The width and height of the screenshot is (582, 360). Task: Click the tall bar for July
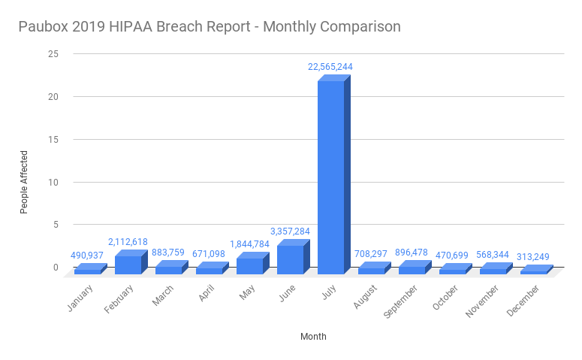(330, 177)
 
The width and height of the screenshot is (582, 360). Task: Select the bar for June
(290, 259)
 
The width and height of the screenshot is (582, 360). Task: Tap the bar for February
(128, 264)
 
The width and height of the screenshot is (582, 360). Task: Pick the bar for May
(249, 265)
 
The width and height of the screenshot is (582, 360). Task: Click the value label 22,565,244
(330, 67)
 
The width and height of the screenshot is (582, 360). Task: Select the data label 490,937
(87, 256)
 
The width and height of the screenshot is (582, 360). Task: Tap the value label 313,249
(533, 257)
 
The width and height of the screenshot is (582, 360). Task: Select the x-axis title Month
(313, 337)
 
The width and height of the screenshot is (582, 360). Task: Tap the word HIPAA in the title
(133, 27)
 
